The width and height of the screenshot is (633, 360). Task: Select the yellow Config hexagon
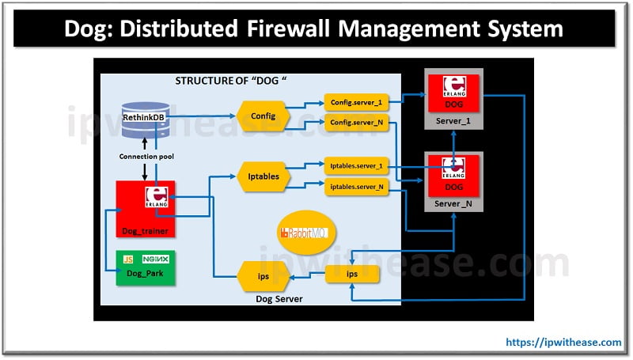(x=263, y=116)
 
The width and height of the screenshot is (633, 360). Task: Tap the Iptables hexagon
(x=263, y=176)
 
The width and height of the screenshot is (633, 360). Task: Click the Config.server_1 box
(x=357, y=103)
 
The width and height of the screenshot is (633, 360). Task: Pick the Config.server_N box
(x=357, y=123)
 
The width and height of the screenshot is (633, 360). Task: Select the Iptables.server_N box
(x=357, y=187)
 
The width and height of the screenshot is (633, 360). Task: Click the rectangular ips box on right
(x=352, y=275)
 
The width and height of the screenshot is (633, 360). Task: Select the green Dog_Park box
(x=145, y=267)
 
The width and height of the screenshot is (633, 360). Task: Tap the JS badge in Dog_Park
(x=128, y=260)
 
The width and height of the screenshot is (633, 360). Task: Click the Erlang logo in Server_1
(x=453, y=85)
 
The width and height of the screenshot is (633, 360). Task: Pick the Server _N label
(x=454, y=204)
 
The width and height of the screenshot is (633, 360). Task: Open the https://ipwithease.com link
(x=563, y=343)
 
